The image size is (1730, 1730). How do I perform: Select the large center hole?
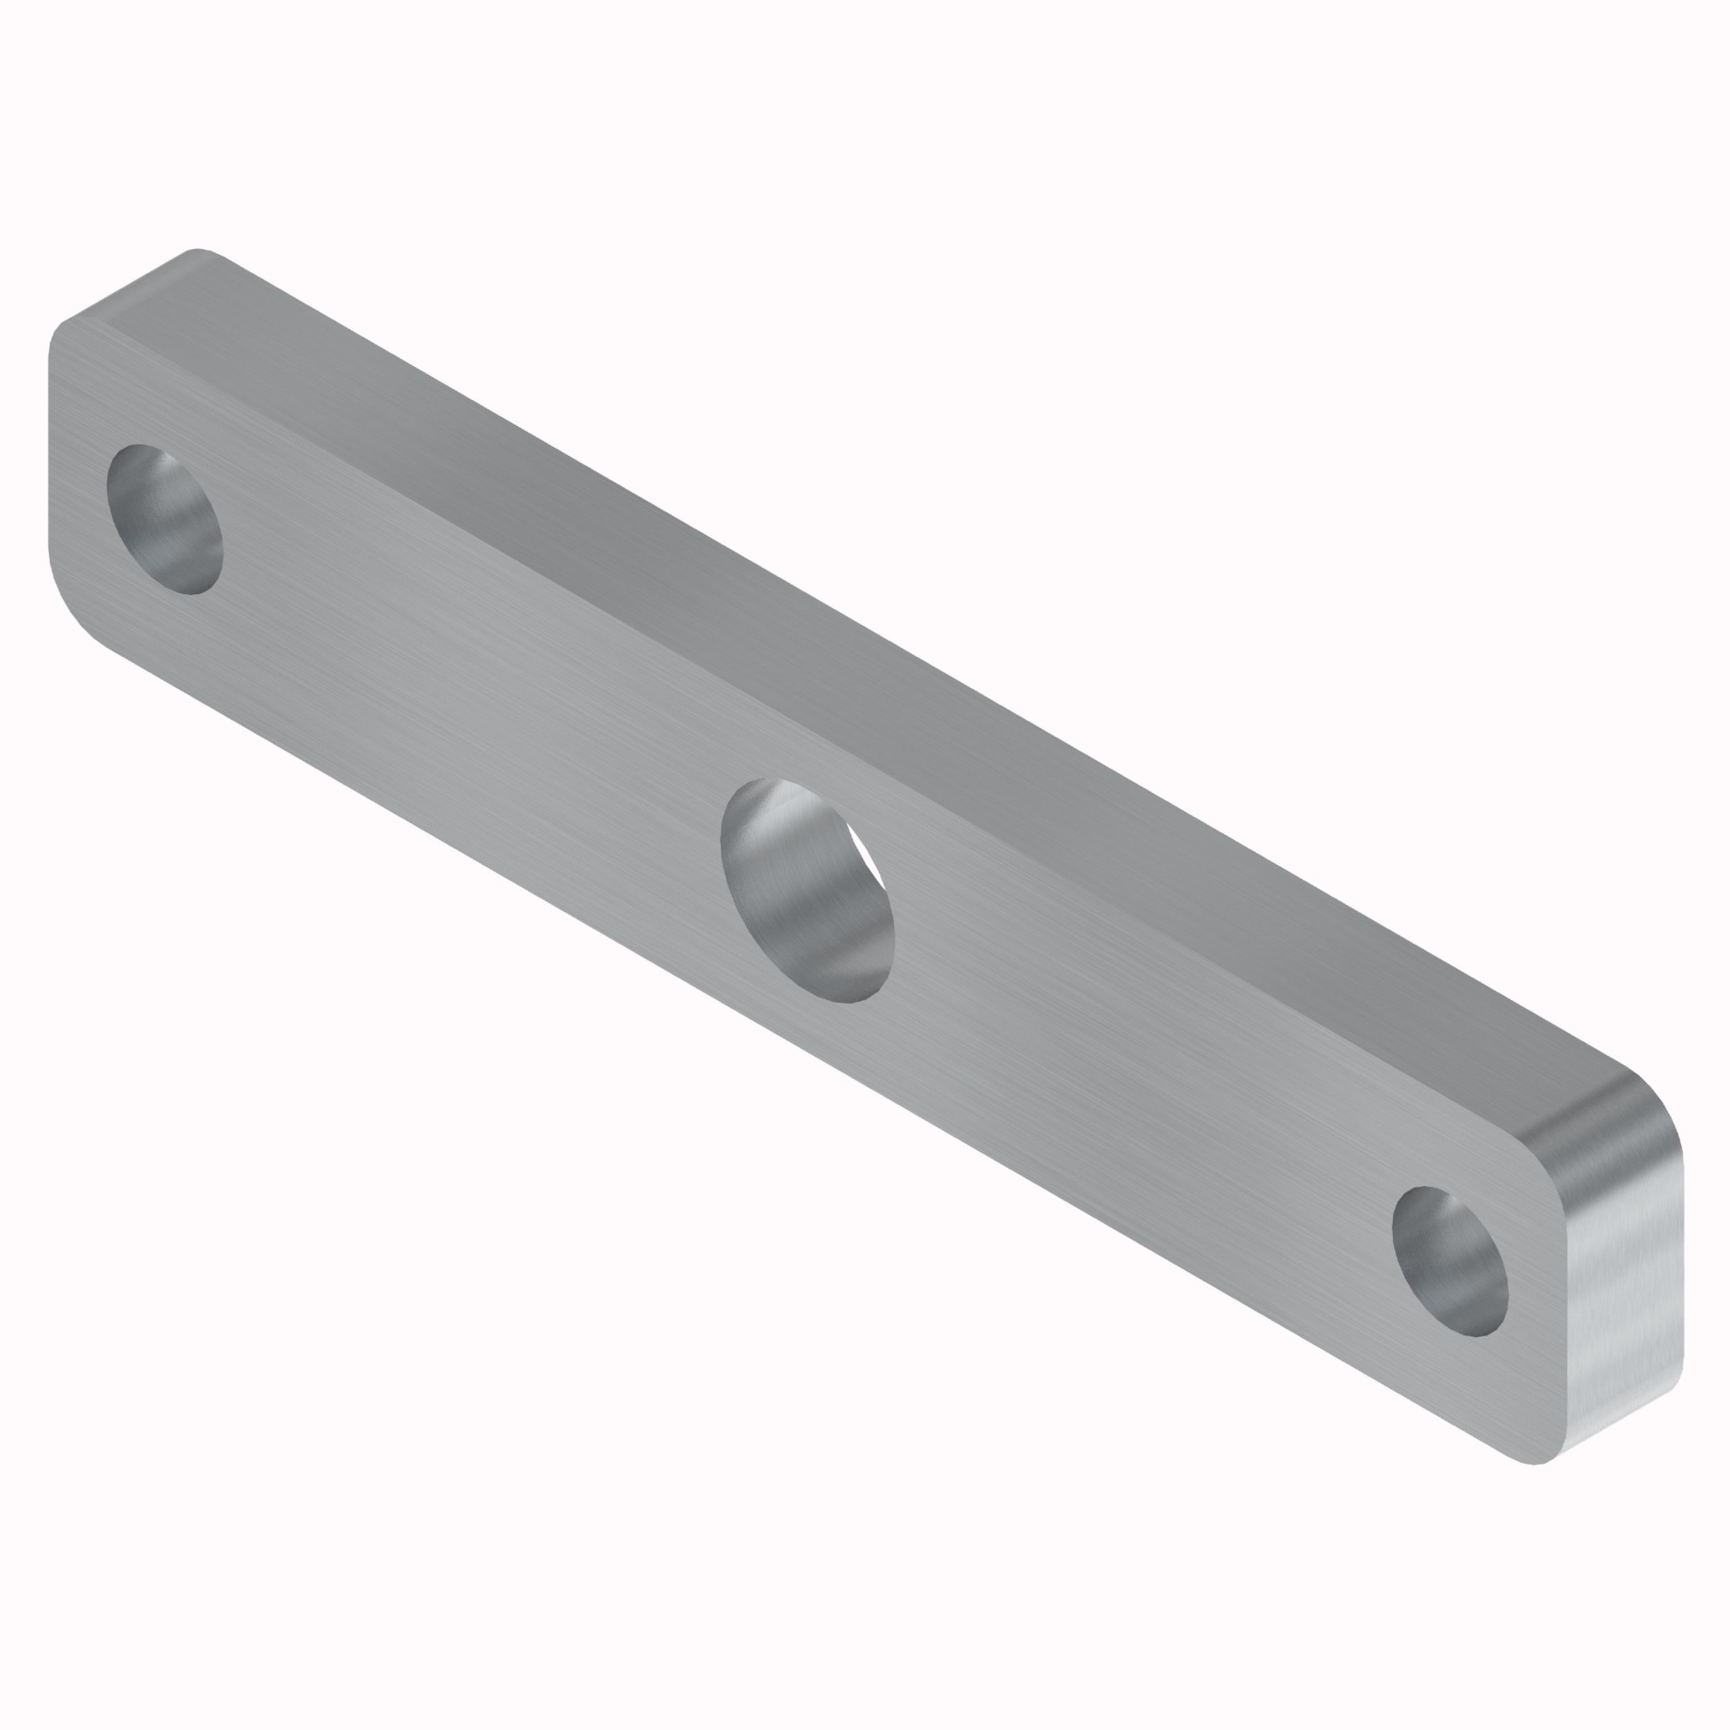coord(807,891)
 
